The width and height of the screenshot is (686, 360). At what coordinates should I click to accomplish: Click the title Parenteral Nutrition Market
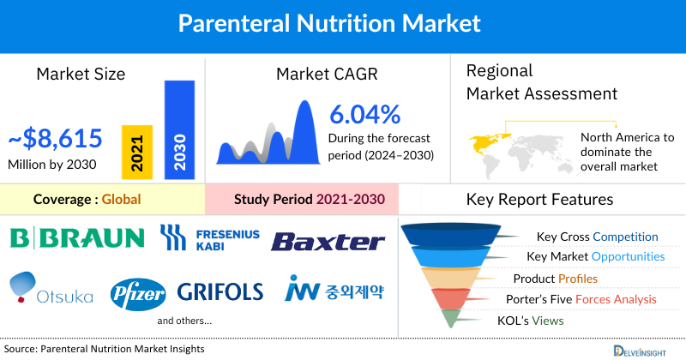pyautogui.click(x=342, y=23)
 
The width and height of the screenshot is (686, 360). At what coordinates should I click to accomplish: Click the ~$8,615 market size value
pyautogui.click(x=55, y=138)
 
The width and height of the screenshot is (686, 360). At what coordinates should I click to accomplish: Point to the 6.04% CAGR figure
pyautogui.click(x=364, y=114)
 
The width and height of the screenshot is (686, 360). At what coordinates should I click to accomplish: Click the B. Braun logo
pyautogui.click(x=78, y=237)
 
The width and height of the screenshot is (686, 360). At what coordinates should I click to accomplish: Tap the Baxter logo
pyautogui.click(x=328, y=241)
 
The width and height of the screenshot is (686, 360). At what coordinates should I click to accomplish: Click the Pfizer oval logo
pyautogui.click(x=138, y=294)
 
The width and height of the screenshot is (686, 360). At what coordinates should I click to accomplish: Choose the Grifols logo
pyautogui.click(x=220, y=292)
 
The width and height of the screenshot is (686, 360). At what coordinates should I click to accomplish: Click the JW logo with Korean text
pyautogui.click(x=335, y=291)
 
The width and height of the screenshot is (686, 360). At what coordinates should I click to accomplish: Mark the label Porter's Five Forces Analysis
pyautogui.click(x=585, y=299)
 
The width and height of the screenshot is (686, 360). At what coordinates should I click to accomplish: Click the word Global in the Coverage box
pyautogui.click(x=121, y=200)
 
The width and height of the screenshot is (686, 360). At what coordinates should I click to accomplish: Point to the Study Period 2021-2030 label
pyautogui.click(x=310, y=200)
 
